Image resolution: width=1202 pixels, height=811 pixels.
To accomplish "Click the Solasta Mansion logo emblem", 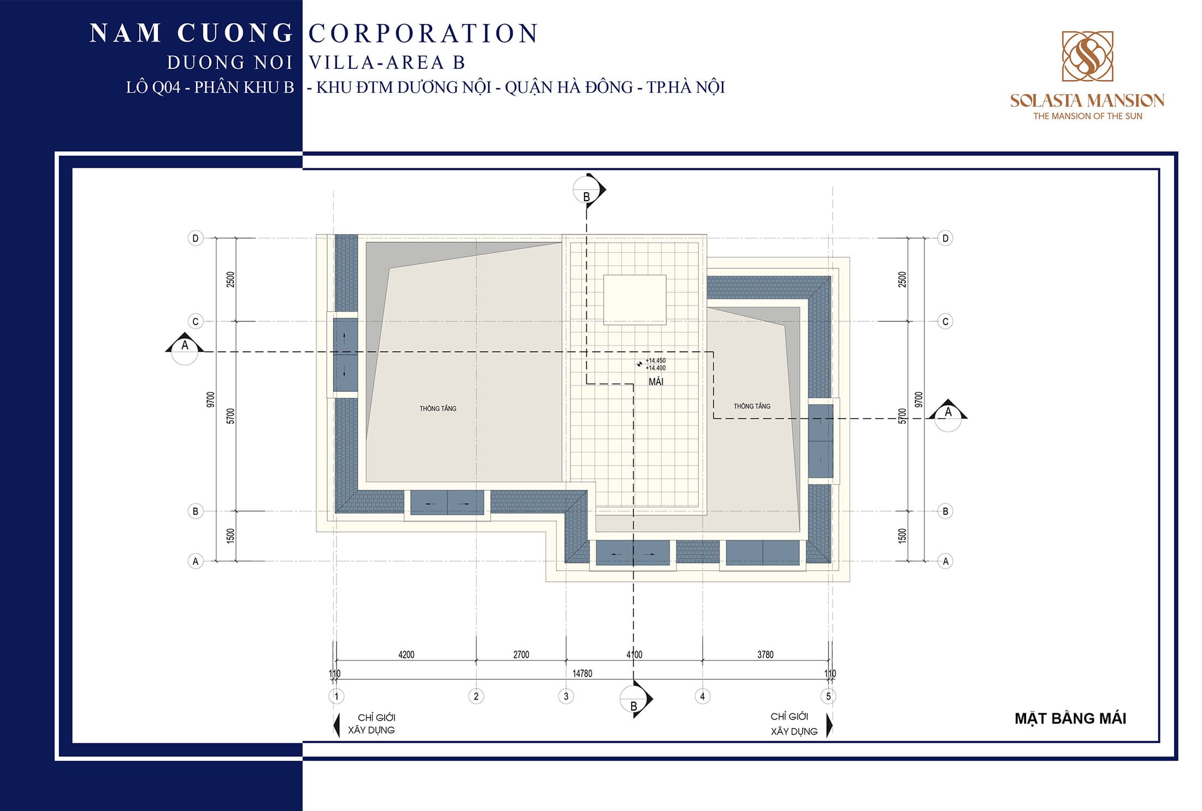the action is tap(1087, 56).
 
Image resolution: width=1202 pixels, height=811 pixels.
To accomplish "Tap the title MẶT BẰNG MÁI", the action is tap(1070, 719).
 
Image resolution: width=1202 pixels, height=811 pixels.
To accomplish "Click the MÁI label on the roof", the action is tap(656, 382).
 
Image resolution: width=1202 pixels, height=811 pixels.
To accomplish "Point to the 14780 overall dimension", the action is tap(582, 673).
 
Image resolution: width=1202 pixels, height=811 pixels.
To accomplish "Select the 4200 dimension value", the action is tap(406, 654).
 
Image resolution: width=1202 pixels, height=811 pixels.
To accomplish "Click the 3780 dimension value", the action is tap(765, 654).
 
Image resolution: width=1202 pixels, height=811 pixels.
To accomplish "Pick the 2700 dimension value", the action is tap(521, 654).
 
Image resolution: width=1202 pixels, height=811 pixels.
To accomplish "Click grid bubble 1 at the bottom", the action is tap(337, 696).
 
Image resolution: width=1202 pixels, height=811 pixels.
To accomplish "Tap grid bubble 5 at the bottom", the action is tap(828, 696).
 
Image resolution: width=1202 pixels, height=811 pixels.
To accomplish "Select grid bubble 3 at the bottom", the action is tap(566, 696).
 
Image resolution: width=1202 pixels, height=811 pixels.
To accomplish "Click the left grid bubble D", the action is tap(196, 238).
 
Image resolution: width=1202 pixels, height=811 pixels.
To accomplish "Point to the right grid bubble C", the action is tap(945, 321).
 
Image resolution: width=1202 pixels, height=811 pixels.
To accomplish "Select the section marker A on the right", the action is tap(948, 415).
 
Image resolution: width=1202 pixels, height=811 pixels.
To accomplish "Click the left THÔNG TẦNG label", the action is tap(438, 408).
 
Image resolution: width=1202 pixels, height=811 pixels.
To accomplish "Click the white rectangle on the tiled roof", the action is tap(634, 299).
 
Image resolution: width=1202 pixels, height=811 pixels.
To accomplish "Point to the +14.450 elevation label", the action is tap(656, 361).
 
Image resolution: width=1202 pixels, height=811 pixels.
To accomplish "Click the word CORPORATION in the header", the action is tap(424, 33).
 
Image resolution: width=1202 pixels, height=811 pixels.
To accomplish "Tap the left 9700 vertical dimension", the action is tap(211, 399).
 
